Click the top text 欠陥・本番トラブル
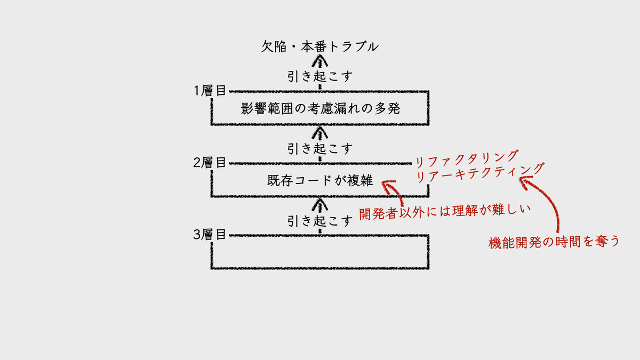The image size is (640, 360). [x=319, y=46]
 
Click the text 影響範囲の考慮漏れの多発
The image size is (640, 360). [x=320, y=109]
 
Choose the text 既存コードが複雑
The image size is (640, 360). [x=320, y=180]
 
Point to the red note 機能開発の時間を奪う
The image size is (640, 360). [x=555, y=242]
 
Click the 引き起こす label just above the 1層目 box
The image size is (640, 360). [x=320, y=76]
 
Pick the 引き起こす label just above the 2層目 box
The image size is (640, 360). [x=320, y=148]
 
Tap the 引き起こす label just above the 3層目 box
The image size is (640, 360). [x=320, y=220]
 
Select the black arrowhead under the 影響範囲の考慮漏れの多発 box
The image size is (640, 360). [x=319, y=131]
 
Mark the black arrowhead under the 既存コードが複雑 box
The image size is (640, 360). [x=319, y=203]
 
